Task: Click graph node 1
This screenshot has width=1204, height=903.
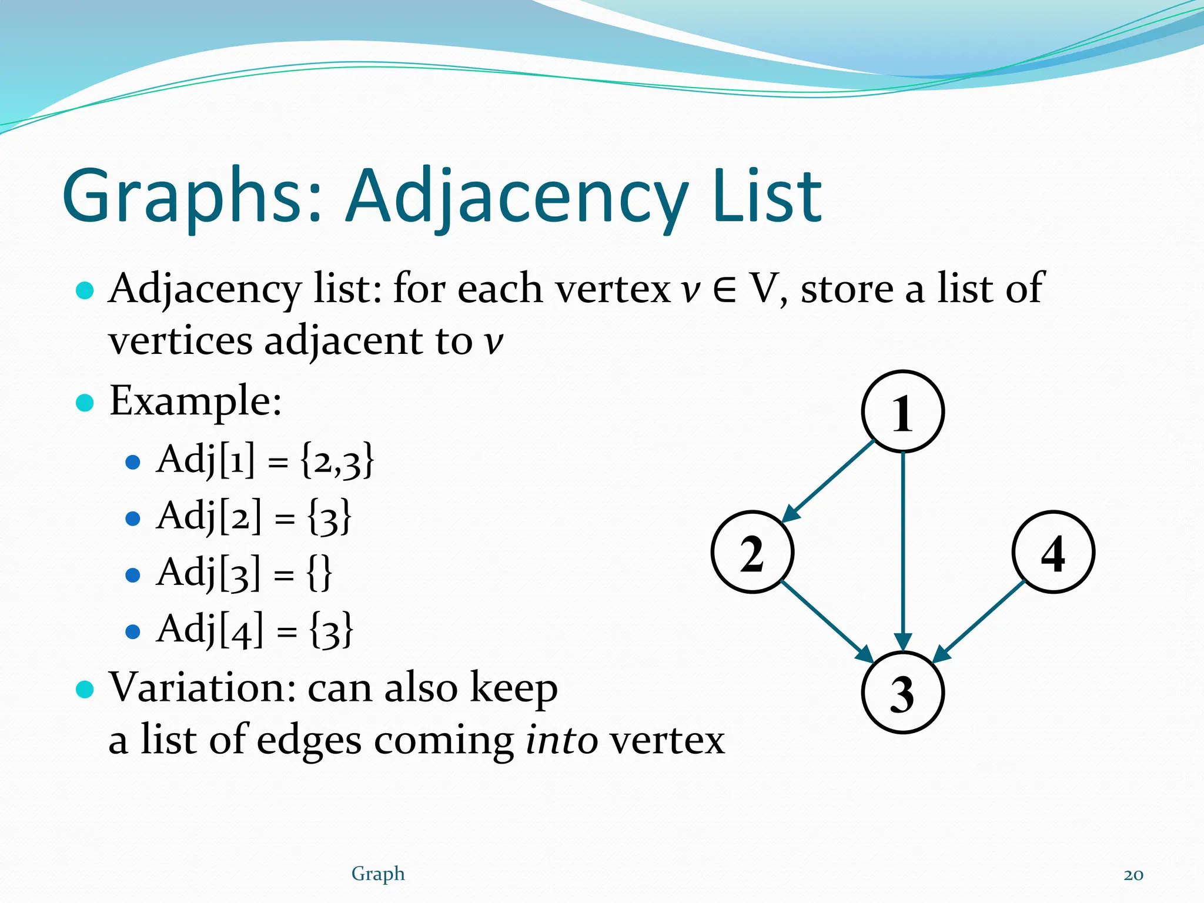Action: [x=902, y=412]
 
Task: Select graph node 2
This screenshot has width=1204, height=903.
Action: [x=752, y=552]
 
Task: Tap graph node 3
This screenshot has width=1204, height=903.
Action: [x=902, y=693]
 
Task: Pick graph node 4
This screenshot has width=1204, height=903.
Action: [x=1053, y=552]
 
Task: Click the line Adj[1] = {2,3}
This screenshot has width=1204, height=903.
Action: [x=265, y=460]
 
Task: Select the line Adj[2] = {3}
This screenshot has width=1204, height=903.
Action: [x=253, y=516]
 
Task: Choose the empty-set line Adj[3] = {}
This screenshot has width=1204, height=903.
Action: [x=244, y=573]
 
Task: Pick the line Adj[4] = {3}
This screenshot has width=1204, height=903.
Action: [x=255, y=629]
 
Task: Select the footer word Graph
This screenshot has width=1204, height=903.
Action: [x=378, y=874]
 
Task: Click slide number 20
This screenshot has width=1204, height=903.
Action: [x=1133, y=875]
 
